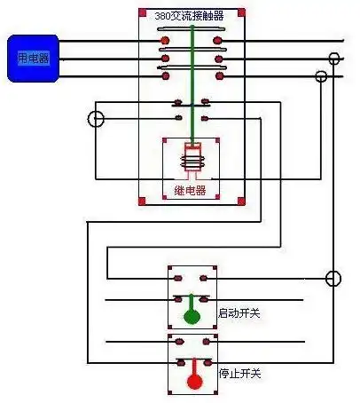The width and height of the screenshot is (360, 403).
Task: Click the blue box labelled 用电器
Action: click(x=34, y=58)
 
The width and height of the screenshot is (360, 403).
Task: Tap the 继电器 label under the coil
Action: click(x=190, y=190)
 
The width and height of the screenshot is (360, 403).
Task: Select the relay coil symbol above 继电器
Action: click(x=190, y=160)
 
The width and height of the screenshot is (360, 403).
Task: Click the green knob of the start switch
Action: click(x=191, y=317)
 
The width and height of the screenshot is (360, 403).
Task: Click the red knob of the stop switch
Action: click(x=193, y=381)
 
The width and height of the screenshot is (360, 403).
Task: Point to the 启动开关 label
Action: click(x=239, y=313)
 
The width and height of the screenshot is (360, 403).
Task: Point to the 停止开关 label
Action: click(x=239, y=374)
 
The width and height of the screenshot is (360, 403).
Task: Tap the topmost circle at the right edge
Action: click(x=334, y=59)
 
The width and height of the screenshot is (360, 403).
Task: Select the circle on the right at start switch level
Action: click(x=333, y=279)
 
